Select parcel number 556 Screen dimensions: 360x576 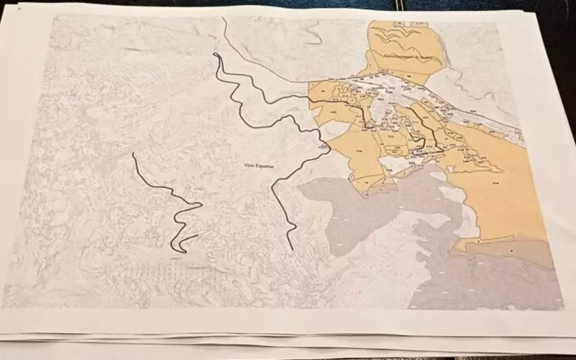359,151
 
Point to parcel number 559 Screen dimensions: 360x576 495,183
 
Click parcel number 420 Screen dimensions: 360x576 333,113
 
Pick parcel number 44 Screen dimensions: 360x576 323,91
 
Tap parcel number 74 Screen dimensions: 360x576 366,182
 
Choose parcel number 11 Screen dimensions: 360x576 381,189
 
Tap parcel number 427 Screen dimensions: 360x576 425,117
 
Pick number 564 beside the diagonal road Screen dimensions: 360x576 472,111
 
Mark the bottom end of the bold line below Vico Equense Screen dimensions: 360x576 292,249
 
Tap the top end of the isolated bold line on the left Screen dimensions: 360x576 133,154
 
